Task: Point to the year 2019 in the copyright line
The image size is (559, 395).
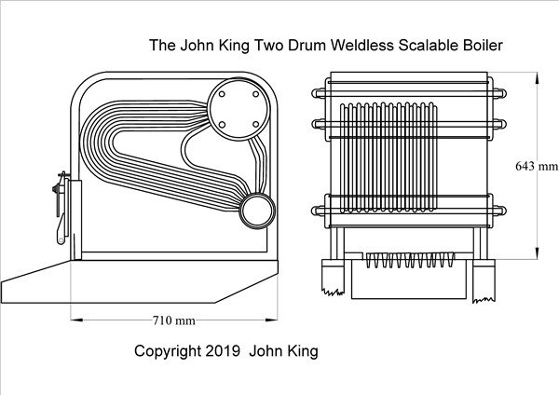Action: [225, 351]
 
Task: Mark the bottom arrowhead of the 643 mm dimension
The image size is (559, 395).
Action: [539, 258]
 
